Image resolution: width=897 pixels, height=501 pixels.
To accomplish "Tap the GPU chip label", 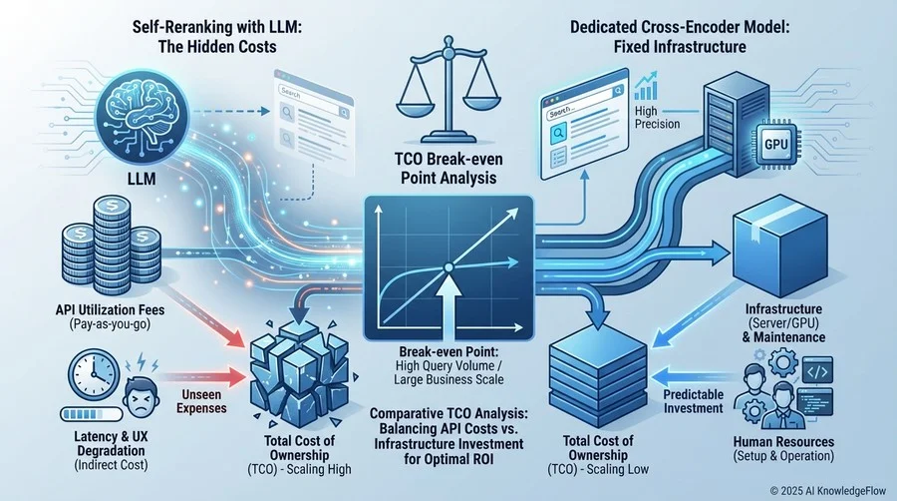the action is click(x=775, y=145).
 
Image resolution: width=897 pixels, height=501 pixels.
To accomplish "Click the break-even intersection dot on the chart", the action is click(x=448, y=267).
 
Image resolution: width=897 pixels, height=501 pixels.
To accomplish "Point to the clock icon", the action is click(x=95, y=375).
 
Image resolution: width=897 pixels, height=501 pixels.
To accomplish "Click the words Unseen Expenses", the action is click(x=201, y=401).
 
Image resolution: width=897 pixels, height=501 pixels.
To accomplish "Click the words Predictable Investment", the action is click(x=694, y=401).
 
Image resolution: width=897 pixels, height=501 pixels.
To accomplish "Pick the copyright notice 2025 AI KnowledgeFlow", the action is click(x=827, y=491).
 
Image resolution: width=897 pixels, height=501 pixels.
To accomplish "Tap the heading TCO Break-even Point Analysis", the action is click(x=448, y=168).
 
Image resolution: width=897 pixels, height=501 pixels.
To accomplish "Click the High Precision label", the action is click(x=657, y=118).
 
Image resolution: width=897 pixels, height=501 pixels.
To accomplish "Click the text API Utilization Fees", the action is click(x=111, y=309).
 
